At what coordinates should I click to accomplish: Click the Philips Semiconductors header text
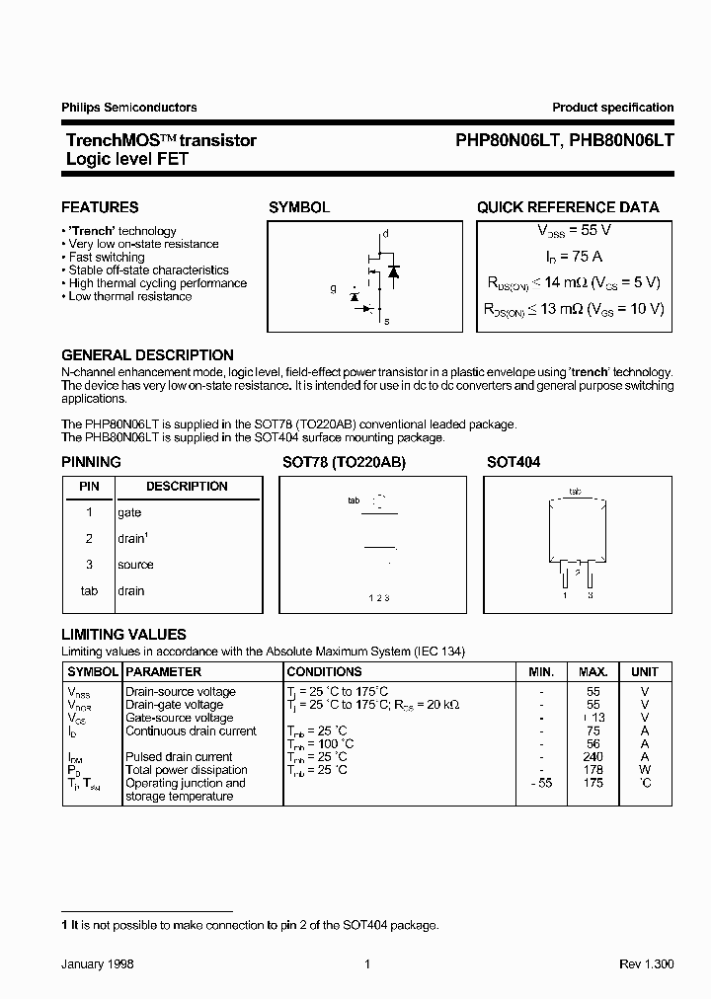point(129,108)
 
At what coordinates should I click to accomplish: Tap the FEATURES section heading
point(100,207)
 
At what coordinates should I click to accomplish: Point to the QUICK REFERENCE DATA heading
point(568,207)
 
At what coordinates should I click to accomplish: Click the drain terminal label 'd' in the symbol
point(386,234)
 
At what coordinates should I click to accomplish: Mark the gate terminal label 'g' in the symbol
point(334,289)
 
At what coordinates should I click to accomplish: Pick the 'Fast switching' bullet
point(107,257)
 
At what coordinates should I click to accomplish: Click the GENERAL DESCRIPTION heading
point(147,355)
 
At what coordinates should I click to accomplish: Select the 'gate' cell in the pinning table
point(129,513)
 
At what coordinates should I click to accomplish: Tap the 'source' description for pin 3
point(135,565)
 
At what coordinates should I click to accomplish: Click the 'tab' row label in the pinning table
point(89,591)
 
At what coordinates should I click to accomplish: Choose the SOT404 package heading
point(513,462)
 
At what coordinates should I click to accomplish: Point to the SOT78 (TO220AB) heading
point(343,462)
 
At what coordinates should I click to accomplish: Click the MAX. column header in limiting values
point(593,671)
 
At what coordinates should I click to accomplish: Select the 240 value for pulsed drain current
point(593,757)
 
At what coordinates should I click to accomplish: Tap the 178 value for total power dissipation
point(593,770)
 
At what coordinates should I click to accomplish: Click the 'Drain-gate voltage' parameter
point(174,705)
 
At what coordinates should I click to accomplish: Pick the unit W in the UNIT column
point(645,770)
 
